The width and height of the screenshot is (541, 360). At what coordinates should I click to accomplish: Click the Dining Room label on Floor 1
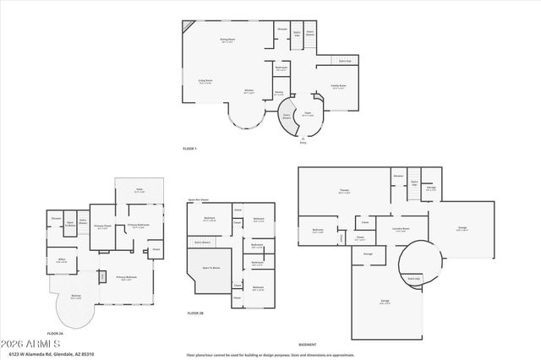[227, 39]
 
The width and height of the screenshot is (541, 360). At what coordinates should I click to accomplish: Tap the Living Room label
[205, 81]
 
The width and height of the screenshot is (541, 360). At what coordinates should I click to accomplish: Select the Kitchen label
[249, 91]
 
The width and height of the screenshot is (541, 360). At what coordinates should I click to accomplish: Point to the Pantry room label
[278, 93]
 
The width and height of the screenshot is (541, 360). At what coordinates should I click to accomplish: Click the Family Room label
[337, 86]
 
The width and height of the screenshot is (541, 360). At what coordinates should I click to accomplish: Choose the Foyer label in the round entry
[308, 115]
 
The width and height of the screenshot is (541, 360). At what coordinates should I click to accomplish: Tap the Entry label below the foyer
[303, 142]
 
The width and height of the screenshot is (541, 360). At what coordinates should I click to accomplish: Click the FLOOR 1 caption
[189, 149]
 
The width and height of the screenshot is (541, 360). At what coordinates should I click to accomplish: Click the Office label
[61, 261]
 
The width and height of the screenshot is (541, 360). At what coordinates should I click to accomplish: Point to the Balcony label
[76, 297]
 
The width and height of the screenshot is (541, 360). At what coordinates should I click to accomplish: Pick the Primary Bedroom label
[127, 278]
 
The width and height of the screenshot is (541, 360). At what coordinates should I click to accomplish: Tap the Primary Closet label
[103, 226]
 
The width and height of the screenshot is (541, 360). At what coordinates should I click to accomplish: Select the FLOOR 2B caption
[195, 314]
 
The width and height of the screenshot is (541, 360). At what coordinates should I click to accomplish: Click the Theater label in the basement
[344, 192]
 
